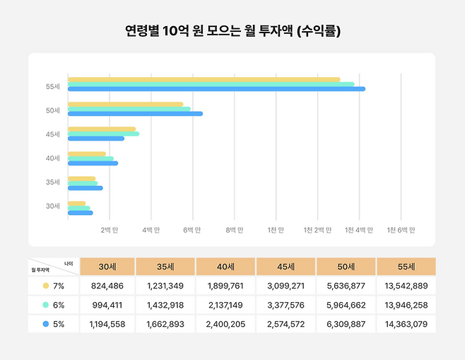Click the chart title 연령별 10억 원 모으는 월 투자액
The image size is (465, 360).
pyautogui.click(x=232, y=31)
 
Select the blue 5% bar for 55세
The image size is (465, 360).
pyautogui.click(x=216, y=89)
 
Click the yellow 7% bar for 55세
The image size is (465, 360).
pyautogui.click(x=204, y=79)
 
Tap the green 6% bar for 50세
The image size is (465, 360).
pyautogui.click(x=128, y=109)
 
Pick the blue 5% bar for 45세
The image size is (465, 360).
pyautogui.click(x=96, y=138)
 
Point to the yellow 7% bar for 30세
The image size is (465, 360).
pyautogui.click(x=76, y=204)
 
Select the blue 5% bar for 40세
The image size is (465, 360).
pyautogui.click(x=93, y=163)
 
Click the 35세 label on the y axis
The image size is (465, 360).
pyautogui.click(x=53, y=182)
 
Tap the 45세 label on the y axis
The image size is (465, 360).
pyautogui.click(x=53, y=134)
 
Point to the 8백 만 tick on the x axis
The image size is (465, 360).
pyautogui.click(x=235, y=230)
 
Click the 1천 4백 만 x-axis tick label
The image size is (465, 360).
pyautogui.click(x=359, y=230)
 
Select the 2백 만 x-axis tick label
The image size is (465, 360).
pyautogui.click(x=110, y=230)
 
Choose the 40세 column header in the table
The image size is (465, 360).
pyautogui.click(x=225, y=267)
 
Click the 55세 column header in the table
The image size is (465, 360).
pyautogui.click(x=406, y=267)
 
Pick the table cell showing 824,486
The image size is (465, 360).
pyautogui.click(x=107, y=286)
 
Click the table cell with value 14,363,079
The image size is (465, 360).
pyautogui.click(x=406, y=324)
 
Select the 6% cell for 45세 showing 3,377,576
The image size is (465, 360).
pyautogui.click(x=286, y=305)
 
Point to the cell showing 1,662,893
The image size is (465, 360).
pyautogui.click(x=166, y=324)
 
